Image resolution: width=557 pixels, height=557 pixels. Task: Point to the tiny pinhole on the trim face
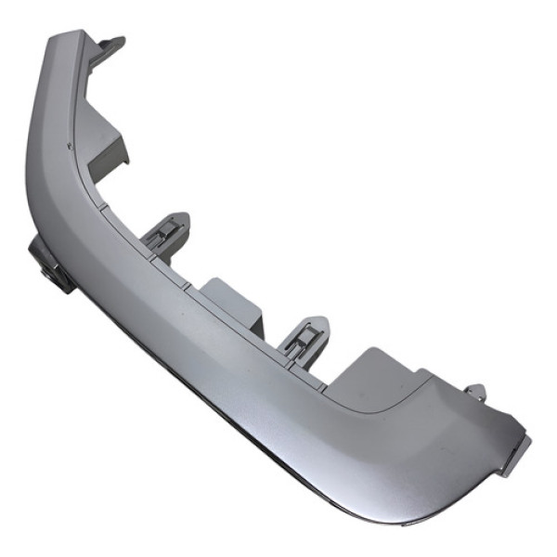point(71,146)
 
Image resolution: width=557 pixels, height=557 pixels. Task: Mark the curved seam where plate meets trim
point(390,408)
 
